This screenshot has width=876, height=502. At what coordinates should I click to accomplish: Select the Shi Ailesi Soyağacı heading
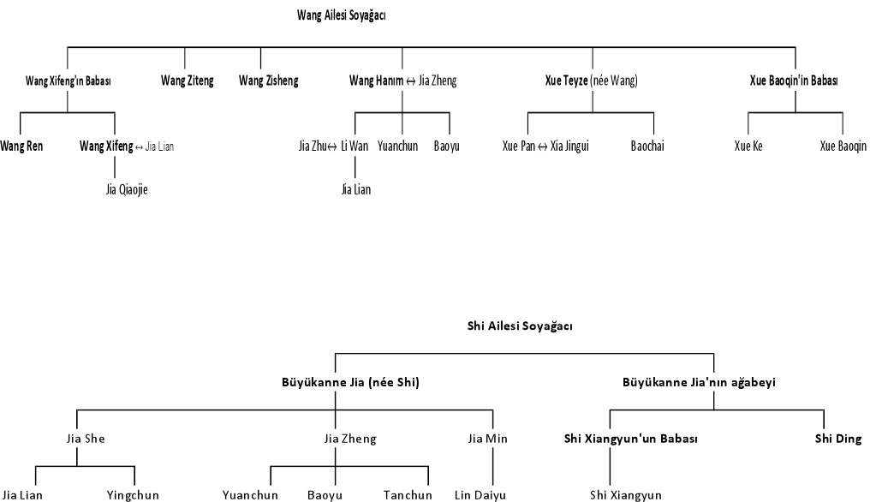(520, 326)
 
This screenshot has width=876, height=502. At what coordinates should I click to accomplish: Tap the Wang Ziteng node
(188, 81)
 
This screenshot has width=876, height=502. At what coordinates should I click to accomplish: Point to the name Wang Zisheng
(268, 81)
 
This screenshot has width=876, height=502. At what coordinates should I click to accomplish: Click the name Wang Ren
(21, 146)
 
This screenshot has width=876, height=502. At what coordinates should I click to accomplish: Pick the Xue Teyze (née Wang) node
(591, 81)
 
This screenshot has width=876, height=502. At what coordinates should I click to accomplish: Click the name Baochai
(647, 146)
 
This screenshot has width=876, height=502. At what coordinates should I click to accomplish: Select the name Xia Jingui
(570, 146)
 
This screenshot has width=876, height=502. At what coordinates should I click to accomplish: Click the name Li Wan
(355, 146)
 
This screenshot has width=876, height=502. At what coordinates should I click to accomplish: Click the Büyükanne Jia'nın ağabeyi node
(699, 383)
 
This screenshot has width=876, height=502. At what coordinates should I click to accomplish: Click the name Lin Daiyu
(480, 495)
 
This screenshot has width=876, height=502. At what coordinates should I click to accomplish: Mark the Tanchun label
(407, 495)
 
